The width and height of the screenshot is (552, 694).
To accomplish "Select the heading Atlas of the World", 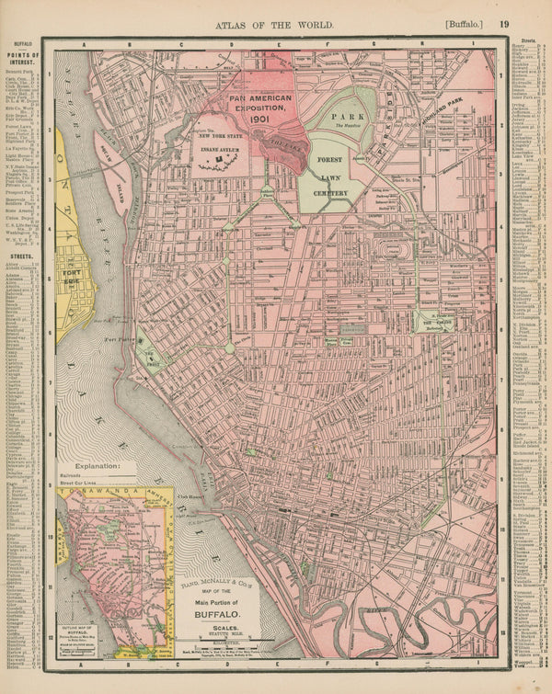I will tap(274, 25).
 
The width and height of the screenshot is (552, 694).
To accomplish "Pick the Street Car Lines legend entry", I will tap(79, 487).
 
